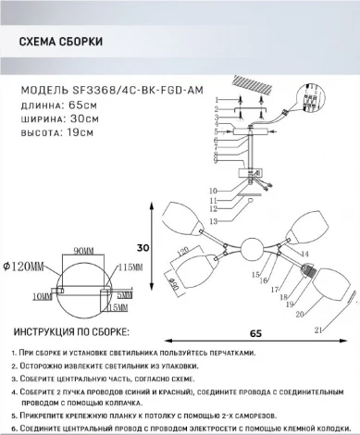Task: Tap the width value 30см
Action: [86, 120]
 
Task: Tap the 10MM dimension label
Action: [41, 296]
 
